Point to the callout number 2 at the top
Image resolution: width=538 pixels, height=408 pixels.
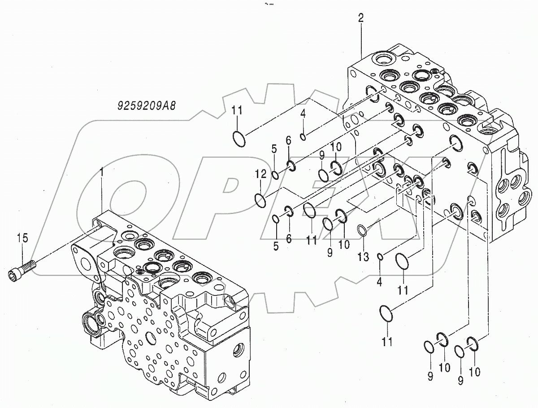click(x=361, y=18)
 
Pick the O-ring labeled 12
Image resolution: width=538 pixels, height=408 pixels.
click(x=260, y=200)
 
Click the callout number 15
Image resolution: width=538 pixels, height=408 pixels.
click(x=22, y=238)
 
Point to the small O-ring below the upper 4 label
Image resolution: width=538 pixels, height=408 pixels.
click(x=304, y=136)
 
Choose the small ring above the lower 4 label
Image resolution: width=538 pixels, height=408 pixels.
click(x=380, y=256)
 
